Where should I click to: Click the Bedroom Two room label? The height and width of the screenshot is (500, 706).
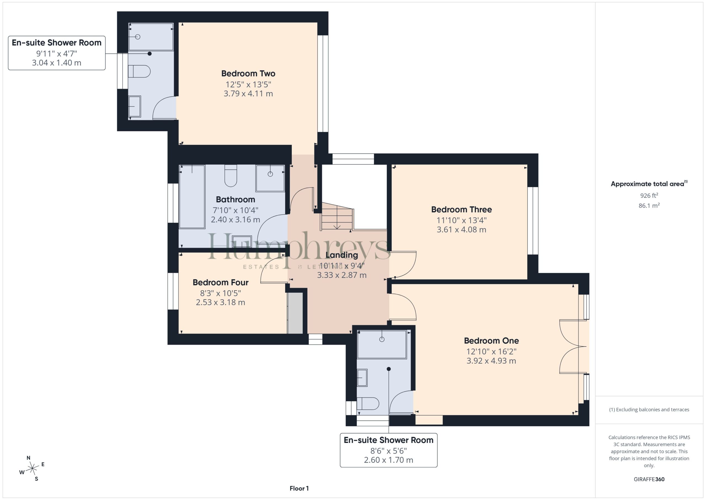(248, 74)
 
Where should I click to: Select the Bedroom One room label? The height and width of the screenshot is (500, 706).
(491, 341)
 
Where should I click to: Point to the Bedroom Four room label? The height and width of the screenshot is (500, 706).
(220, 283)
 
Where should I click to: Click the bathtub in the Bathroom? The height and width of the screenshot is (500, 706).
(192, 197)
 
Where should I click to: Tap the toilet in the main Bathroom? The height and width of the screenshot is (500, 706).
(231, 176)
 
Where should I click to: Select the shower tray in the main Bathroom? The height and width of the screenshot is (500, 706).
(270, 179)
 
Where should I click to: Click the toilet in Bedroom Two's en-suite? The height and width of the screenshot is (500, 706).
(139, 72)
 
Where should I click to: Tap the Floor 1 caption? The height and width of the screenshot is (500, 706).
(299, 488)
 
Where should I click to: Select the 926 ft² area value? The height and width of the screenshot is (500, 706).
(649, 195)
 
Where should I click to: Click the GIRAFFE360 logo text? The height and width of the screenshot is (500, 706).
(649, 479)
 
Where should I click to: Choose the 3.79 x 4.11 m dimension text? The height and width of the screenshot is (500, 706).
(248, 94)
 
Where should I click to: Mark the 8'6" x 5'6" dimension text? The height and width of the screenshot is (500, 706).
(388, 451)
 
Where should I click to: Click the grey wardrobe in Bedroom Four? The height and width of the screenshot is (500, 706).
(295, 313)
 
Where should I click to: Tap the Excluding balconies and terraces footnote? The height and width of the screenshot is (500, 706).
(649, 409)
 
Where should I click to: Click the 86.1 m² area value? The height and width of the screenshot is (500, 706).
(649, 205)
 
